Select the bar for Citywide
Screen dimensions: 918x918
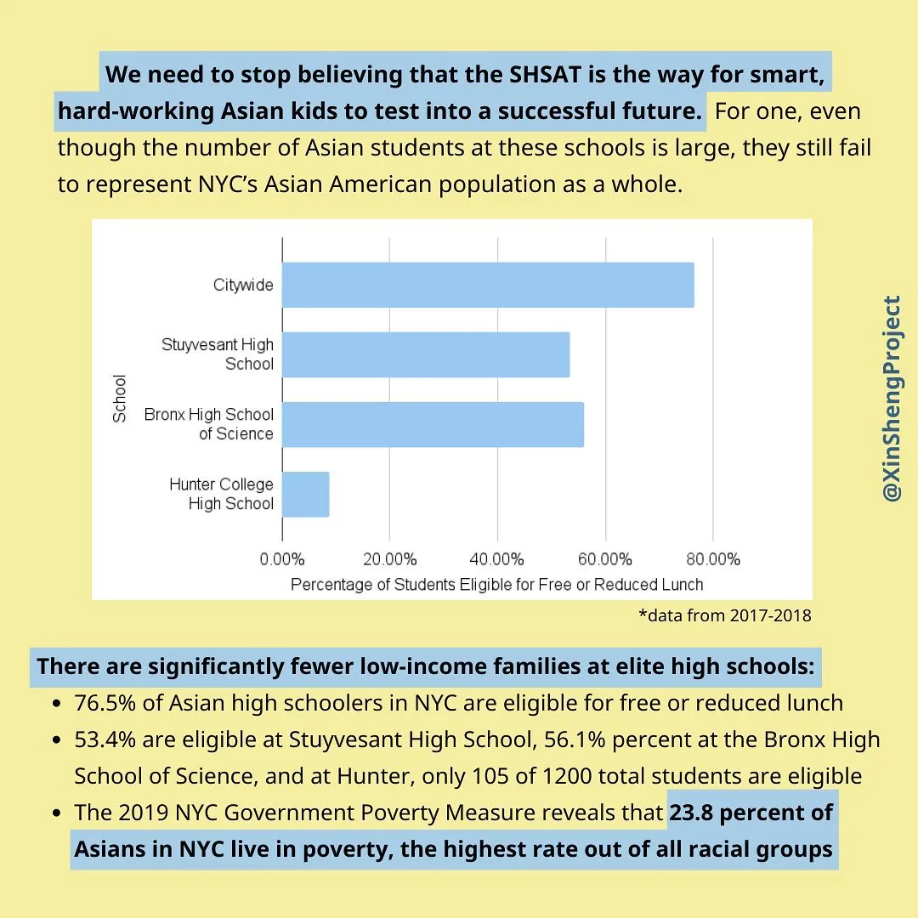(x=487, y=285)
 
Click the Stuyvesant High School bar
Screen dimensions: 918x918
(x=425, y=354)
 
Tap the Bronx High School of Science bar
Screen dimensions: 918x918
(x=433, y=424)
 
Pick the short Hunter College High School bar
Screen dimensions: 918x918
(x=305, y=494)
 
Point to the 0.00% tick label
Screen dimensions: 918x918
(x=281, y=559)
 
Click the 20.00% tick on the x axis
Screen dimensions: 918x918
(x=389, y=559)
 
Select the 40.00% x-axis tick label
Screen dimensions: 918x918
(x=496, y=559)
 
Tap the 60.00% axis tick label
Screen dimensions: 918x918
(x=604, y=559)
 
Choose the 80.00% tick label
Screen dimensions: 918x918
(x=712, y=559)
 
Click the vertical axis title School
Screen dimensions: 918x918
(x=120, y=398)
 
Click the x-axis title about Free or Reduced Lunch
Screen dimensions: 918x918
(x=496, y=585)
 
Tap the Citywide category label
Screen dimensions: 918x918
(x=243, y=285)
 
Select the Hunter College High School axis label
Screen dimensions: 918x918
(x=221, y=494)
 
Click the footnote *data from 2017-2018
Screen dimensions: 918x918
(x=724, y=615)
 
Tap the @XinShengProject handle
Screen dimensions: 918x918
(x=892, y=398)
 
